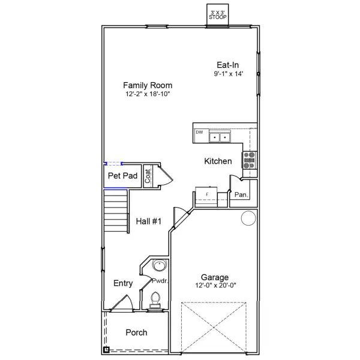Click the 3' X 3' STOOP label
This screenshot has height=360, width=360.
[218, 15]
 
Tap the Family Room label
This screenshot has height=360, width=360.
[148, 85]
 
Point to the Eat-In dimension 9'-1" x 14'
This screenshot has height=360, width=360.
[228, 74]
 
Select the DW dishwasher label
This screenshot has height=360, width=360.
[199, 132]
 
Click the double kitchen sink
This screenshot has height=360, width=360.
[220, 137]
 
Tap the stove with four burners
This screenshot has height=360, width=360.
[250, 160]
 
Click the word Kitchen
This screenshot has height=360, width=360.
[218, 161]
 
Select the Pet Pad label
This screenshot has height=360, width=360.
[122, 176]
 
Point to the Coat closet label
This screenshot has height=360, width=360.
[148, 176]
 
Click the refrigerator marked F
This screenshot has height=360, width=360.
[206, 197]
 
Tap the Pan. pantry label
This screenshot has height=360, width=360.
[241, 194]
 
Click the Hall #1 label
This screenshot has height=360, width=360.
[149, 221]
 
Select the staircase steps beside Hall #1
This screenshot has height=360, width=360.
[116, 211]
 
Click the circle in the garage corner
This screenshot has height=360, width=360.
[248, 218]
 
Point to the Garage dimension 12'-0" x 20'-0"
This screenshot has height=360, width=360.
[215, 285]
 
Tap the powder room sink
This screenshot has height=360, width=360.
[158, 266]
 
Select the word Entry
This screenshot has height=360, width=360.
[123, 283]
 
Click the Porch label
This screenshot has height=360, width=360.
[136, 332]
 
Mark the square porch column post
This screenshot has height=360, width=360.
[106, 350]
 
